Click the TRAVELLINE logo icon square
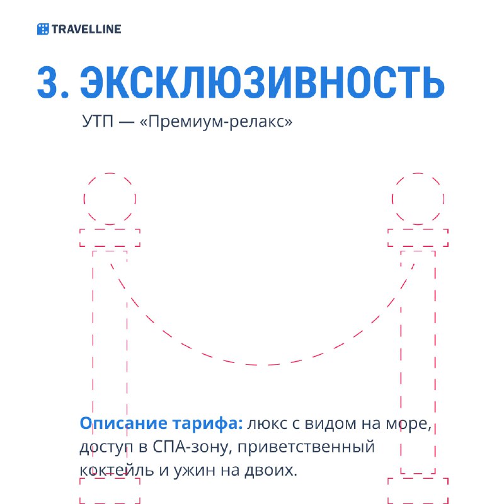click(43, 29)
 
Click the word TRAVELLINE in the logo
click(86, 29)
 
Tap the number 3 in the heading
click(47, 83)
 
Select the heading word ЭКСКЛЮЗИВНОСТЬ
click(262, 83)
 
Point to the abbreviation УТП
click(98, 122)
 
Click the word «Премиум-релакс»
click(216, 122)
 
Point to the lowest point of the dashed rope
click(262, 365)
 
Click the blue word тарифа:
click(207, 423)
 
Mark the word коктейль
click(117, 470)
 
